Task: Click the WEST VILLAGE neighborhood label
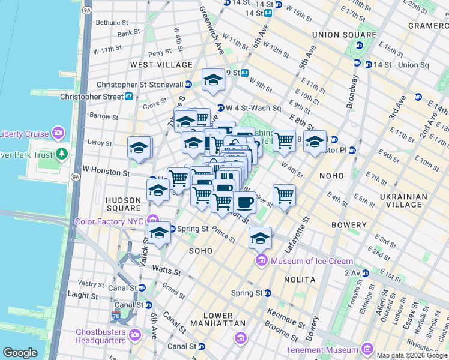(161, 64)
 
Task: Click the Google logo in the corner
(20, 352)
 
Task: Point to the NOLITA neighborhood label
(301, 280)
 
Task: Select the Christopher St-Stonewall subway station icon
(188, 85)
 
